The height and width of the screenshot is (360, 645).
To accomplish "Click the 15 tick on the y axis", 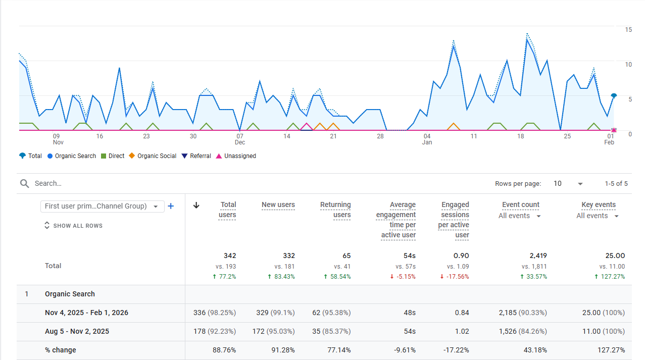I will (628, 30).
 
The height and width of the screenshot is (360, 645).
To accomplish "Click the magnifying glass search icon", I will (25, 183).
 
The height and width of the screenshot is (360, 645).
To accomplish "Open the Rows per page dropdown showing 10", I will (568, 184).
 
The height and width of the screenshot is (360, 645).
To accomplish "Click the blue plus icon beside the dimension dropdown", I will (171, 206).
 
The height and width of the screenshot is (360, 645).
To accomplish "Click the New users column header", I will (278, 205).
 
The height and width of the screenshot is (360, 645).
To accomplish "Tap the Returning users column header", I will (335, 210).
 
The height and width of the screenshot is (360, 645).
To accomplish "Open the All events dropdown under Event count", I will (520, 216).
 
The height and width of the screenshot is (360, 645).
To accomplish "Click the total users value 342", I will (230, 256).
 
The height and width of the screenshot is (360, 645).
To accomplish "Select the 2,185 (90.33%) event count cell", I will (523, 313).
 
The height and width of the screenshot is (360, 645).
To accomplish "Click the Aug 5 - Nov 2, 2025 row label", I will (77, 332).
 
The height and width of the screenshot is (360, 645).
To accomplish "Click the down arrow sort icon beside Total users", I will (196, 205).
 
